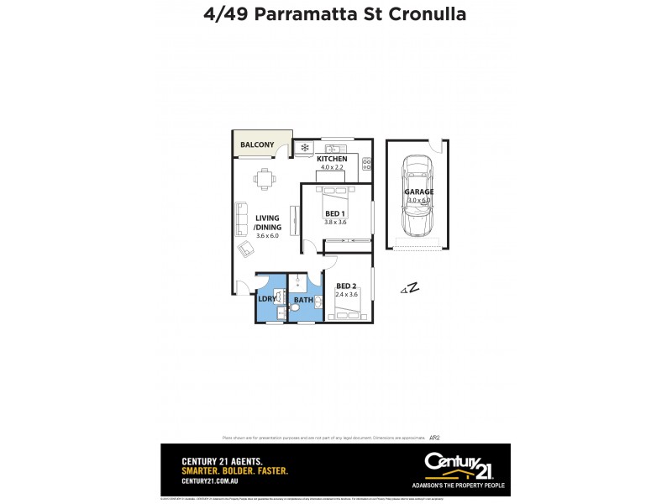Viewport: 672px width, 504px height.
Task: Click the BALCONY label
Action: pyautogui.click(x=257, y=145)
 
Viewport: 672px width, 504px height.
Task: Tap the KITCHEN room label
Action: pyautogui.click(x=331, y=158)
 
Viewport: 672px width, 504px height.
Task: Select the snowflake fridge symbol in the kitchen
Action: pyautogui.click(x=304, y=148)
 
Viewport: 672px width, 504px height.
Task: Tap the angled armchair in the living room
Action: pyautogui.click(x=247, y=249)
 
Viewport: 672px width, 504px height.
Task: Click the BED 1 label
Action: pyautogui.click(x=335, y=213)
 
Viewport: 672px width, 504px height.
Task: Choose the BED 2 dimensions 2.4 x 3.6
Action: pyautogui.click(x=345, y=295)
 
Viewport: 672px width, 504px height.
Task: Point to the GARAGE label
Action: pyautogui.click(x=419, y=192)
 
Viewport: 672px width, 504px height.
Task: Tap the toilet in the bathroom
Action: pyautogui.click(x=295, y=307)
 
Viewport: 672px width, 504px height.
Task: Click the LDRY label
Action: pyautogui.click(x=266, y=299)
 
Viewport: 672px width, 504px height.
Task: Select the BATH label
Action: pyautogui.click(x=303, y=299)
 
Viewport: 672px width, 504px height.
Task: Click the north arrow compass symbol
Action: pyautogui.click(x=410, y=289)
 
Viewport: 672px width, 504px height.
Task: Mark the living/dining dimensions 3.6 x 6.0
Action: pyautogui.click(x=266, y=236)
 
